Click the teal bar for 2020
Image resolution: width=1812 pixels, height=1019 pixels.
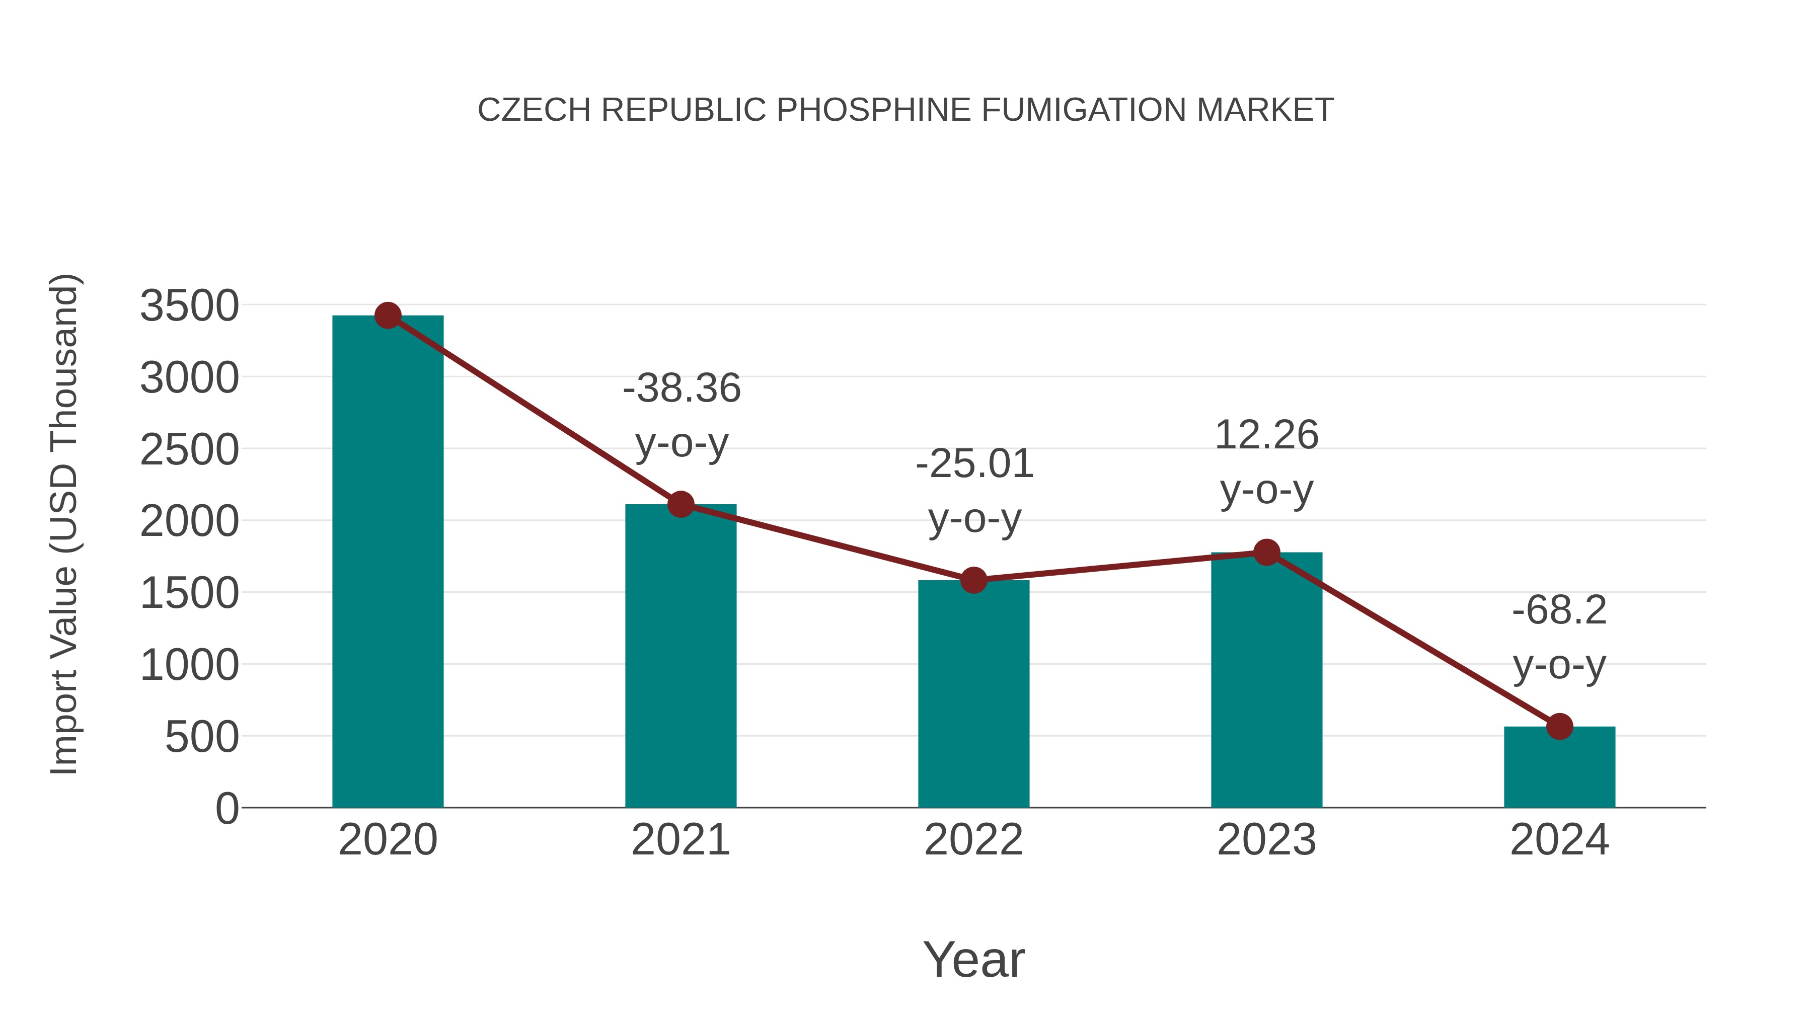[388, 563]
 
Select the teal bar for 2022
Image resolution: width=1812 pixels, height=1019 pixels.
[973, 696]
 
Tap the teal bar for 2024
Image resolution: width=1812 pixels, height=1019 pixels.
[1559, 768]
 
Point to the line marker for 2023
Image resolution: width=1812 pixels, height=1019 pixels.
[1267, 553]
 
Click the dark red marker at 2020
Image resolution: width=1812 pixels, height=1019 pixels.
[388, 316]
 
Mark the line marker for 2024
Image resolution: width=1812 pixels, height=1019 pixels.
[1559, 727]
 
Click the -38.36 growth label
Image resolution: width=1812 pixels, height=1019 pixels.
[682, 389]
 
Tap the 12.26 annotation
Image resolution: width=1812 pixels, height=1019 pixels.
[1266, 435]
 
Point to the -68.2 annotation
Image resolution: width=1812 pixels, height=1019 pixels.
[1559, 610]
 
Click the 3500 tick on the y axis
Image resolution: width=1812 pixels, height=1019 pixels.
[189, 306]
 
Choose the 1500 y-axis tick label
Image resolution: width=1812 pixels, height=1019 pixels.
[189, 594]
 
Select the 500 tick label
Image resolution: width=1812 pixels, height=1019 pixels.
[202, 738]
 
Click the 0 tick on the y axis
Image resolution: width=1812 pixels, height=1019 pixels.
[227, 809]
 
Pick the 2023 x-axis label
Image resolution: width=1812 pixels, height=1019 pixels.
[1267, 840]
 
